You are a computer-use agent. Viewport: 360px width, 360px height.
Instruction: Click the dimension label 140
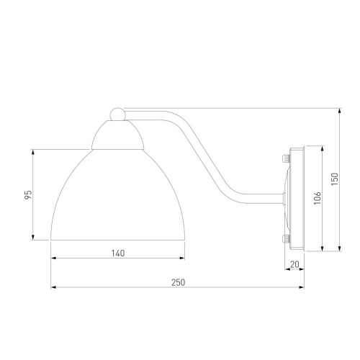(118, 253)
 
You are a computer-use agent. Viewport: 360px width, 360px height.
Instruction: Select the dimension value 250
(178, 282)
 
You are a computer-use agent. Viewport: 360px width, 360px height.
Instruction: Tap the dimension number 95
(28, 194)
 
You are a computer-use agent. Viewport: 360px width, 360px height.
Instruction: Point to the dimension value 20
(294, 264)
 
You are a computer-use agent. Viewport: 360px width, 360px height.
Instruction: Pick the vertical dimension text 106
(318, 198)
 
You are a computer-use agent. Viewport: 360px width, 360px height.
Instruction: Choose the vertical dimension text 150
(334, 179)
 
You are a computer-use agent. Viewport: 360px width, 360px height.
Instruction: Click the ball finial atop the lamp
(117, 114)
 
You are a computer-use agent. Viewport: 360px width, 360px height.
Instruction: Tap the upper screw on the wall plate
(286, 158)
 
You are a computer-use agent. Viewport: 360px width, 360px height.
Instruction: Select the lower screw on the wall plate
(286, 238)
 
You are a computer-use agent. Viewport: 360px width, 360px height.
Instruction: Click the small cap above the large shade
(117, 135)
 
